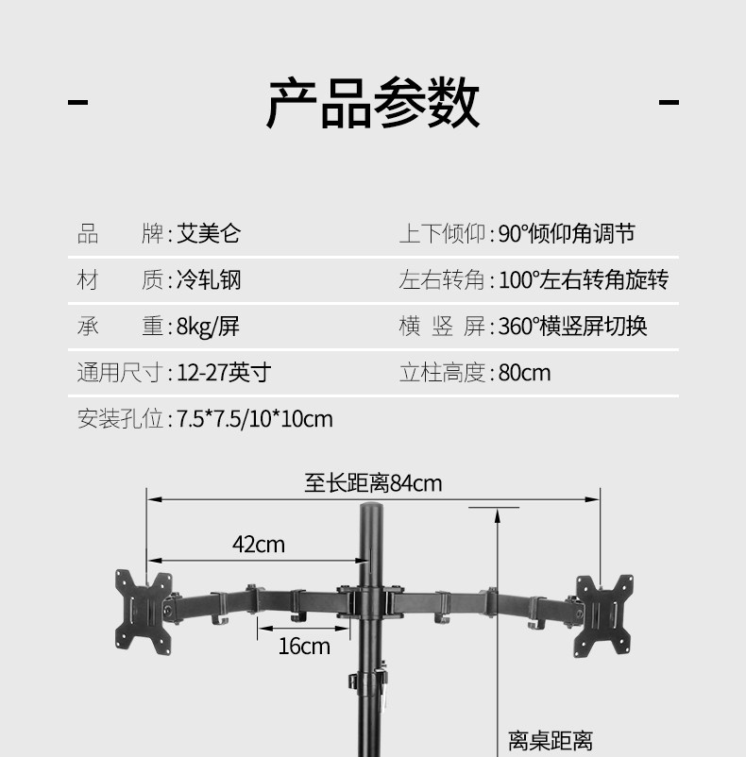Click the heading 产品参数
click(x=373, y=104)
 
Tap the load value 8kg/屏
click(x=208, y=327)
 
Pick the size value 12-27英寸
click(x=224, y=373)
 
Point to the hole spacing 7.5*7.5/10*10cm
click(x=255, y=419)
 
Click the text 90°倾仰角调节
click(x=567, y=234)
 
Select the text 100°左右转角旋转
click(x=583, y=280)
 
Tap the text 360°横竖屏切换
click(x=572, y=327)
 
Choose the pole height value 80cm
click(x=524, y=373)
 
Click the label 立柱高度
click(x=442, y=373)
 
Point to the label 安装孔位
click(x=120, y=419)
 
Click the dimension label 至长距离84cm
click(x=373, y=484)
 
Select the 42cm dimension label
click(x=258, y=545)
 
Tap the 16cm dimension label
click(x=304, y=647)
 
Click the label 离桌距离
click(x=550, y=741)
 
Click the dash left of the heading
click(x=78, y=102)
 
